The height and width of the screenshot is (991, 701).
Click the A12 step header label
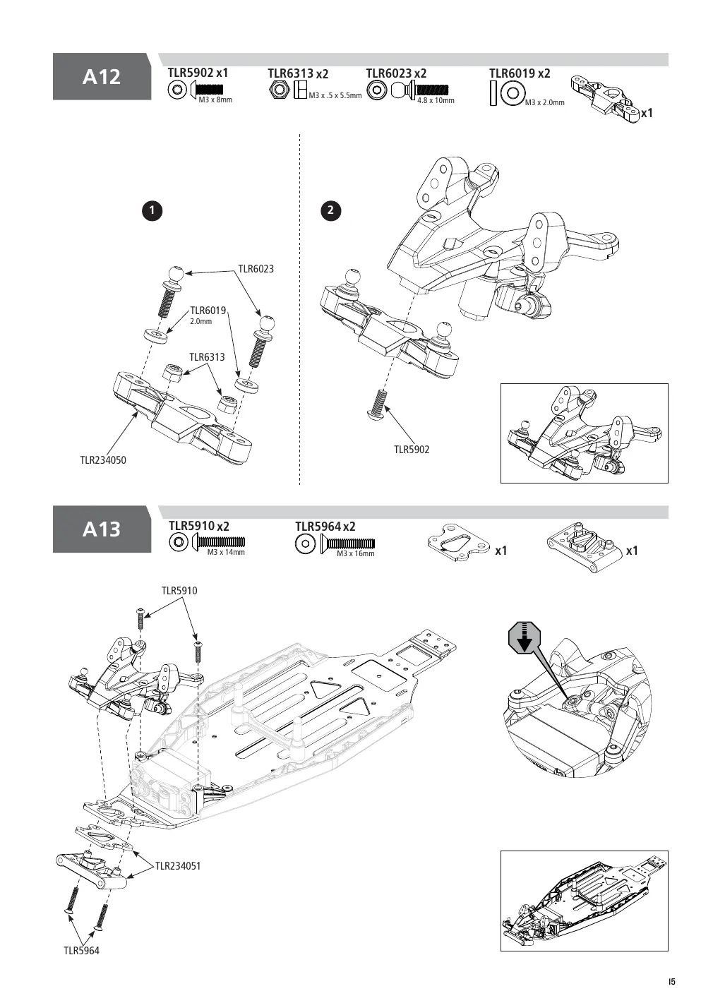click(102, 77)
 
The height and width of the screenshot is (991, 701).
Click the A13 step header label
click(102, 529)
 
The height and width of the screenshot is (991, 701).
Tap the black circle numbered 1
click(152, 210)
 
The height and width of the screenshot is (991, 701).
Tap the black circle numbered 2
click(330, 210)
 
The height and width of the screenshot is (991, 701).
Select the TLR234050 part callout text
click(103, 460)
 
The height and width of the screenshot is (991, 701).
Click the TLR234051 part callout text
click(178, 866)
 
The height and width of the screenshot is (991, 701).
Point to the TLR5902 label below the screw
click(412, 450)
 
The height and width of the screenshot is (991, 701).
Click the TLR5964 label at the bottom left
click(81, 950)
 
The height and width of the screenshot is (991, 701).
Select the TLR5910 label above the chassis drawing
click(179, 591)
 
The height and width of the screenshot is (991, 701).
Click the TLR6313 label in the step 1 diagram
click(207, 357)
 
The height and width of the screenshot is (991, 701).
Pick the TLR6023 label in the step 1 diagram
click(256, 269)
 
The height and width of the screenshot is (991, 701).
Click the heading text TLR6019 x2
click(520, 73)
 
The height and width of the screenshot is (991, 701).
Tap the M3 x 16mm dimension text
click(356, 553)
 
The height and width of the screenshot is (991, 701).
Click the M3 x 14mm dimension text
click(226, 552)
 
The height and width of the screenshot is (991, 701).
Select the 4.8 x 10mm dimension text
click(436, 100)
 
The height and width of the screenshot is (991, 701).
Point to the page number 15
click(672, 981)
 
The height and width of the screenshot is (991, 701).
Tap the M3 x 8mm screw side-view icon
click(207, 90)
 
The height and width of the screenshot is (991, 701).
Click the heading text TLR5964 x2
click(325, 527)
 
